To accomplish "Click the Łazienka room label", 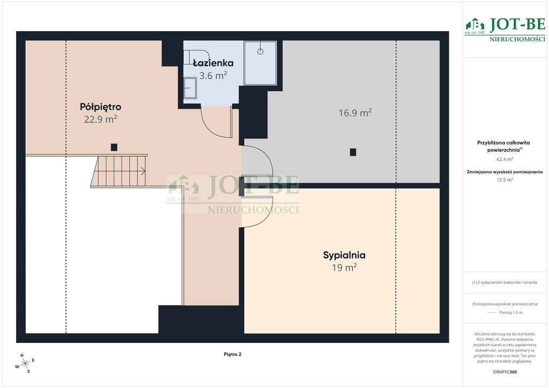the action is tap(213, 63).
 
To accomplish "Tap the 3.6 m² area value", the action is tap(213, 75).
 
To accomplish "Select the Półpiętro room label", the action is tap(100, 107).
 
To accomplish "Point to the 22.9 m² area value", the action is tap(100, 120).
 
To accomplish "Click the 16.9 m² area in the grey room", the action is tap(355, 113).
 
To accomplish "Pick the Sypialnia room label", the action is tap(344, 256).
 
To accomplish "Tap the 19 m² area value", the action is tap(344, 267).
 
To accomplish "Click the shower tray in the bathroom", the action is tap(260, 63).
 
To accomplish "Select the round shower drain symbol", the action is tap(260, 51).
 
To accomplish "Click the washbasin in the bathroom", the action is tap(190, 88).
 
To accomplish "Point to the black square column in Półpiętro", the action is tap(114, 147).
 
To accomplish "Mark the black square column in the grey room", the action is tap(353, 152).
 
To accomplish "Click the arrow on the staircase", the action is tap(143, 171).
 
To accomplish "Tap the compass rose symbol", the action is tap(25, 364).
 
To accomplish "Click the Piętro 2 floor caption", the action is tap(233, 354).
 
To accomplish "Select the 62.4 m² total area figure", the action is tap(505, 159).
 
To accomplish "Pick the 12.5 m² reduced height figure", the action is tap(505, 180).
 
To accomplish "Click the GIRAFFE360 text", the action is tap(505, 372).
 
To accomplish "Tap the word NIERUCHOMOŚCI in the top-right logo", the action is tap(517, 39).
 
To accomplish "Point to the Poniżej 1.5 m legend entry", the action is tap(511, 313).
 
